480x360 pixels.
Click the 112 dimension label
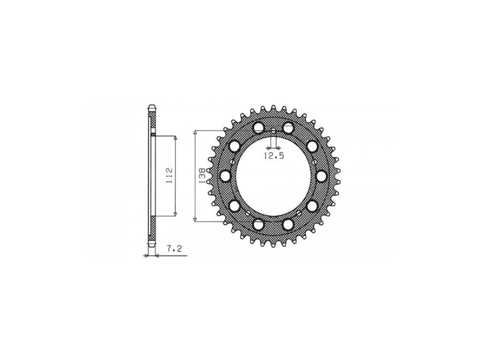point(170,176)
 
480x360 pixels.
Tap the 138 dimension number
point(202,176)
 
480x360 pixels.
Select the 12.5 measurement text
point(274,156)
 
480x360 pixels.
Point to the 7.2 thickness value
point(174,248)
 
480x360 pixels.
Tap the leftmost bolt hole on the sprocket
point(226,176)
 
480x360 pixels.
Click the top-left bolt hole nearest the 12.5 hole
point(259,127)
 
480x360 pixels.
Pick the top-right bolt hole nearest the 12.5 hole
point(288,127)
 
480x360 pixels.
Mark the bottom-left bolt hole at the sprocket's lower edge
point(259,225)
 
